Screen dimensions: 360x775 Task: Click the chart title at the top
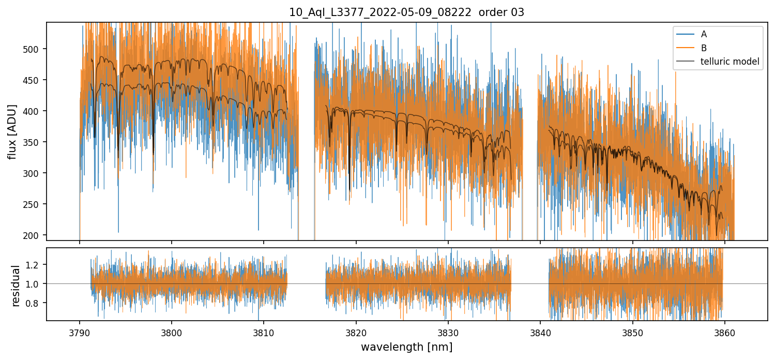coord(406,12)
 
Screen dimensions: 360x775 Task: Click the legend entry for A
coord(704,34)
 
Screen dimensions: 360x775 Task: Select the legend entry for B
coord(704,48)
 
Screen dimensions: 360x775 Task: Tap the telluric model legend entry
coord(730,62)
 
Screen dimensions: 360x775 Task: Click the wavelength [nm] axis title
coord(406,347)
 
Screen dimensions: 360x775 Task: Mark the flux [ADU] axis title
coord(12,131)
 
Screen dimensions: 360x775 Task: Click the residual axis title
coord(16,286)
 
